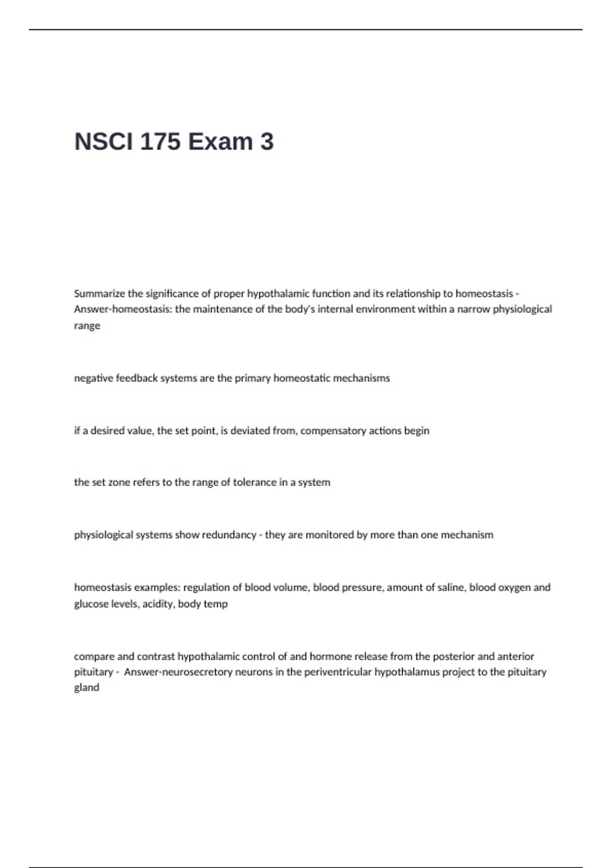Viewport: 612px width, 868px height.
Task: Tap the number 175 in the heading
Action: point(160,141)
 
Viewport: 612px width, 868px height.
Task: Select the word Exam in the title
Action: point(220,141)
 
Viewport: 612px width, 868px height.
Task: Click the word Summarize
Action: point(100,294)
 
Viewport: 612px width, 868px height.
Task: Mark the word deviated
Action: point(250,431)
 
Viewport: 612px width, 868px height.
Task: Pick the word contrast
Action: point(156,657)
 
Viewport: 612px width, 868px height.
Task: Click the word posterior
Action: point(453,657)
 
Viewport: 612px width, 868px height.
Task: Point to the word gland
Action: point(87,688)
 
